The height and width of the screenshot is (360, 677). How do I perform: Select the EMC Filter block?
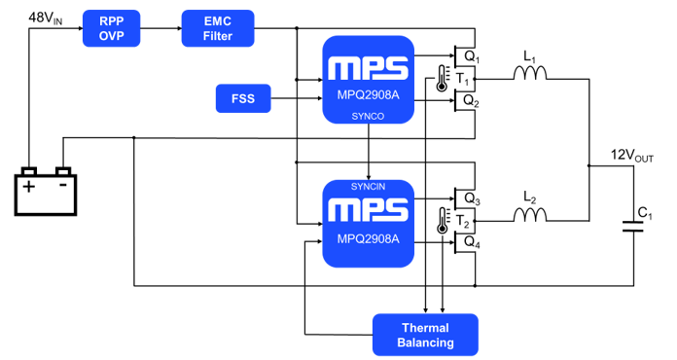pyautogui.click(x=218, y=28)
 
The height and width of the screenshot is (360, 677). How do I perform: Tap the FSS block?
pyautogui.click(x=242, y=98)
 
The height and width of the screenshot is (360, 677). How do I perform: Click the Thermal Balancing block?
pyautogui.click(x=426, y=334)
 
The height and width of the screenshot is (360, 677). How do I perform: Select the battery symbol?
pyautogui.click(x=47, y=192)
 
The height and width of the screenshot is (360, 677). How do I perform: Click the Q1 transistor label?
pyautogui.click(x=471, y=56)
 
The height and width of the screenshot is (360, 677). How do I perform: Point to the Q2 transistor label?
pyautogui.click(x=471, y=100)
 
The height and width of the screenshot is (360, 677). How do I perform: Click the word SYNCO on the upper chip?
pyautogui.click(x=369, y=115)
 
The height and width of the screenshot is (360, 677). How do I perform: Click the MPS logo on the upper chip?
pyautogui.click(x=369, y=68)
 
